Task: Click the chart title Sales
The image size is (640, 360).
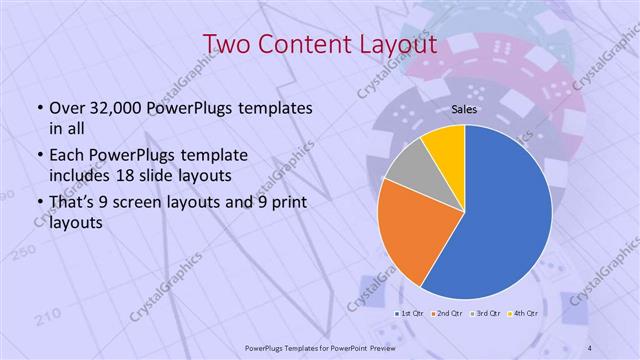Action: pos(463,108)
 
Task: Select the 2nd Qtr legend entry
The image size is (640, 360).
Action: pos(449,314)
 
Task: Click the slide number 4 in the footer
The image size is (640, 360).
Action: pos(590,347)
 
